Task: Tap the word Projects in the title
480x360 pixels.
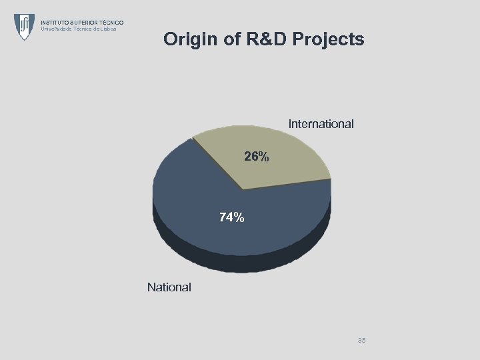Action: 328,39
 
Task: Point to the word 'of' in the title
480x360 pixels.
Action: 233,39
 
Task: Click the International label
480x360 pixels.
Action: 321,124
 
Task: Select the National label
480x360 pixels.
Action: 169,287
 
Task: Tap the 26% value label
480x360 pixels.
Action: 257,157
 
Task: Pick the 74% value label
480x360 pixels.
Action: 232,217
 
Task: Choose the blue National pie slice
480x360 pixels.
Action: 200,200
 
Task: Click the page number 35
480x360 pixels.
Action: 361,341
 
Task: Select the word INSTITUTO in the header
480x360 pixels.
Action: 55,23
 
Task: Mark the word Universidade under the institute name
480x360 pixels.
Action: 55,29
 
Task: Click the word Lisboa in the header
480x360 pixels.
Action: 109,29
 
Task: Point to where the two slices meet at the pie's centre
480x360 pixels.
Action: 243,190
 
